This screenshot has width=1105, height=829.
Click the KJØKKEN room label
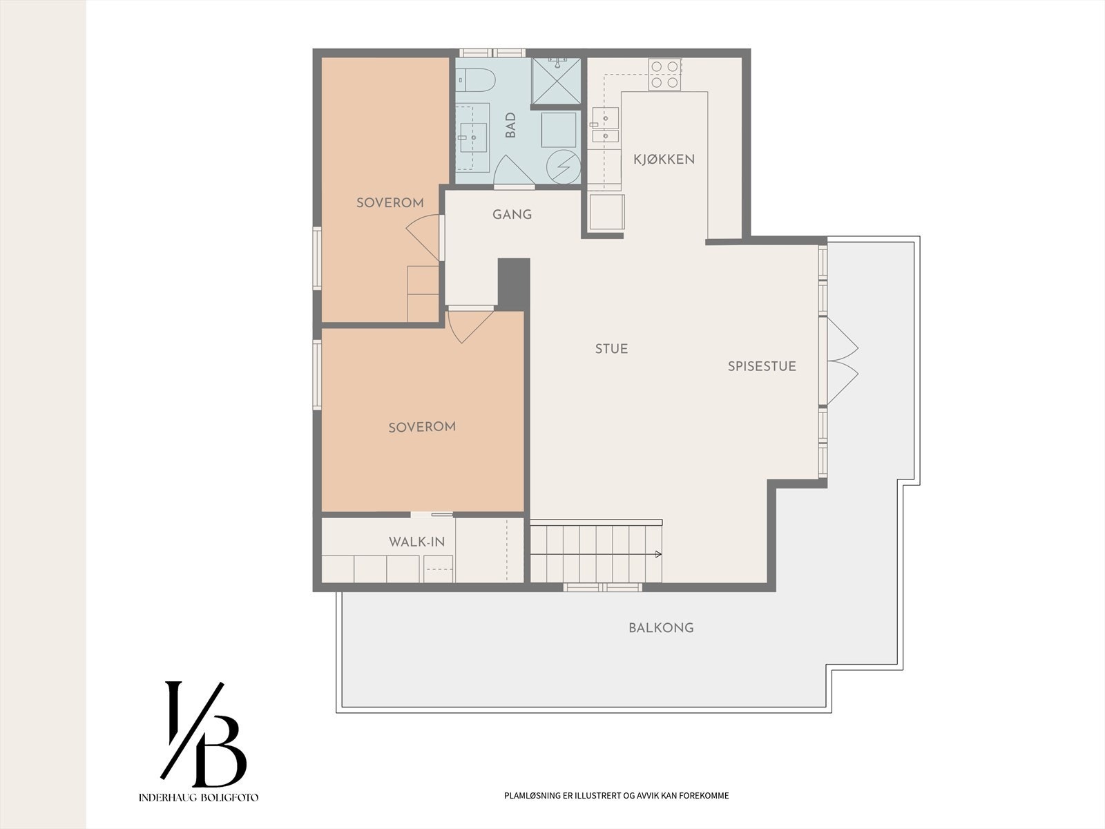pyautogui.click(x=664, y=159)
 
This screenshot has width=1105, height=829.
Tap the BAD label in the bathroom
pyautogui.click(x=510, y=125)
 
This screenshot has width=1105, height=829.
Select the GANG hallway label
pyautogui.click(x=512, y=214)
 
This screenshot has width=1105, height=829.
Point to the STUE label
pyautogui.click(x=611, y=349)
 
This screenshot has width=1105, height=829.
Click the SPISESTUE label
pyautogui.click(x=762, y=366)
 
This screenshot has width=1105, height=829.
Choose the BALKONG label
pyautogui.click(x=661, y=628)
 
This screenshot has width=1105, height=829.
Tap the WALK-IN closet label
pyautogui.click(x=417, y=542)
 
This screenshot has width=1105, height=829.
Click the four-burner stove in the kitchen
pyautogui.click(x=664, y=75)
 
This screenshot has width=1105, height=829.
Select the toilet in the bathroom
pyautogui.click(x=476, y=79)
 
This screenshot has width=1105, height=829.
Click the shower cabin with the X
pyautogui.click(x=556, y=81)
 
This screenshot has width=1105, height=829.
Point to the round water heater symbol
pyautogui.click(x=564, y=166)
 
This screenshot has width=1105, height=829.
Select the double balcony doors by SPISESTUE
pyautogui.click(x=838, y=361)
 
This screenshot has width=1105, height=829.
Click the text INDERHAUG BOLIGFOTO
pyautogui.click(x=198, y=797)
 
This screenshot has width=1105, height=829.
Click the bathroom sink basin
pyautogui.click(x=472, y=136)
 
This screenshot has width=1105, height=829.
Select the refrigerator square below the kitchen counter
pyautogui.click(x=606, y=212)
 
